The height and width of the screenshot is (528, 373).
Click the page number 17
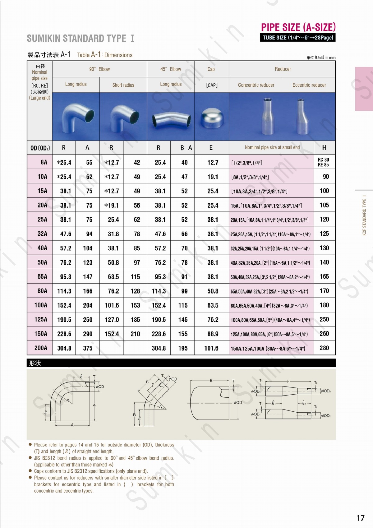click(x=360, y=518)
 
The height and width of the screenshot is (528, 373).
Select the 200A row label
click(x=41, y=348)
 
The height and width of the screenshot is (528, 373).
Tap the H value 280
click(x=324, y=348)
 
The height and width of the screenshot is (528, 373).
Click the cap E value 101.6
click(x=211, y=348)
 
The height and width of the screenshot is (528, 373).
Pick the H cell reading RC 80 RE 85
click(x=323, y=162)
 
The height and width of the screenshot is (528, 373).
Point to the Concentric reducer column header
click(x=256, y=85)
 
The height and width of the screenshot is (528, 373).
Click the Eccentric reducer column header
click(x=309, y=85)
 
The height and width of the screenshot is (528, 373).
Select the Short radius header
click(x=123, y=85)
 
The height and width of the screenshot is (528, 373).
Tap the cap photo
click(x=211, y=118)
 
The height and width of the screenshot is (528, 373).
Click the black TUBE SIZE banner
click(x=298, y=38)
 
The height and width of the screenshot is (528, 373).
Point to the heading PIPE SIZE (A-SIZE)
click(x=298, y=27)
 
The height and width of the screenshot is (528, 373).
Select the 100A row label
click(x=41, y=305)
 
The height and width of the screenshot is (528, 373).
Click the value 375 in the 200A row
click(x=88, y=348)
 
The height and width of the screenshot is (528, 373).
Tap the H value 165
click(x=324, y=276)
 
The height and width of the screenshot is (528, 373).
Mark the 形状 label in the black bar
click(x=35, y=363)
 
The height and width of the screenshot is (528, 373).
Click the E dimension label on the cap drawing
click(x=211, y=380)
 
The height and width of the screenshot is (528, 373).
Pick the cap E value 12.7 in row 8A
click(x=213, y=162)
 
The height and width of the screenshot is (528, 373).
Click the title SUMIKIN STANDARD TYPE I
click(x=81, y=39)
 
